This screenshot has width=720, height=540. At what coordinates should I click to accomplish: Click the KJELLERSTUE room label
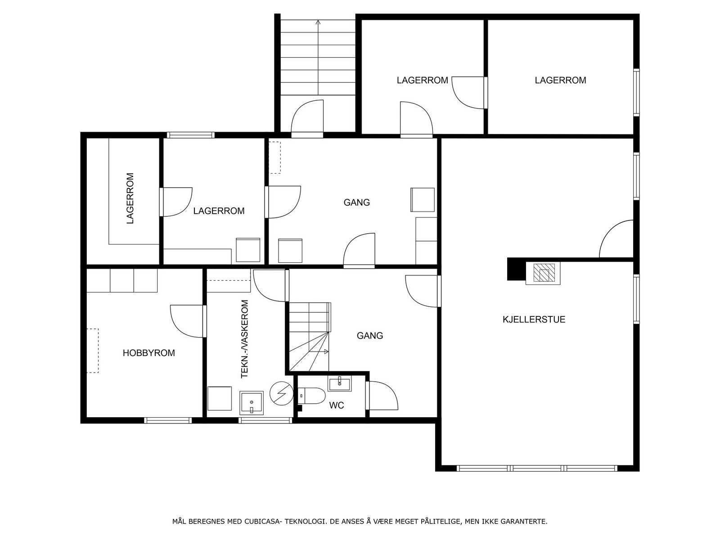coord(534,319)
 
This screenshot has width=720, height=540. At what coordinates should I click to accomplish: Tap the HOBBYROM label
coord(148,353)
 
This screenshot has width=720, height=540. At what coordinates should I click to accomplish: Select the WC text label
coord(336,405)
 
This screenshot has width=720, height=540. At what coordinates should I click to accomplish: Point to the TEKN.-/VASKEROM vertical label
coord(245,339)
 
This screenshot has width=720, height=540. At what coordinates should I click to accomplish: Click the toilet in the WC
coord(311,396)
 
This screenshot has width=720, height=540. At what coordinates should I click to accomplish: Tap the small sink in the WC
coord(339,383)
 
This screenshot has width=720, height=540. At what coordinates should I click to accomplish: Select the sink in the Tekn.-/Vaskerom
coord(251,403)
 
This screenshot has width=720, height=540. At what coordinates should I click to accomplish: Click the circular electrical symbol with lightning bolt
coord(281,394)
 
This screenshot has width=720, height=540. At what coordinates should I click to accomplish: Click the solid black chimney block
coord(516,269)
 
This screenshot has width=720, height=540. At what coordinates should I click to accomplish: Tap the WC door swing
coord(382,396)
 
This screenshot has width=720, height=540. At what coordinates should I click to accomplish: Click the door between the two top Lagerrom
coord(468,92)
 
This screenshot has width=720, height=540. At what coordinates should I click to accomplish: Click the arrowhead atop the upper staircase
coord(318,22)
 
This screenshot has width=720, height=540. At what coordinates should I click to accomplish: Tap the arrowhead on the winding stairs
coord(326,351)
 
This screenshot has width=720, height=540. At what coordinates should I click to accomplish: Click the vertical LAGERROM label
coord(130,198)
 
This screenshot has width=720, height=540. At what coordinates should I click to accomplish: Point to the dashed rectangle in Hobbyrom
coord(93,351)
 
